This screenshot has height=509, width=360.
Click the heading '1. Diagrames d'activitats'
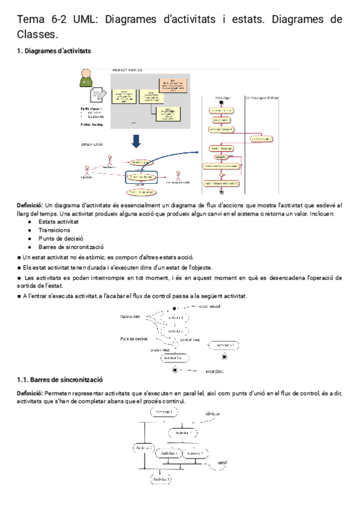point(54,51)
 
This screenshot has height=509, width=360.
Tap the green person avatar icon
point(88,78)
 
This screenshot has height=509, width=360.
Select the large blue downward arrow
point(136,140)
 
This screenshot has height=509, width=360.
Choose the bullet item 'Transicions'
point(54,230)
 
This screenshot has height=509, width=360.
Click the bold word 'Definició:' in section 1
point(30,205)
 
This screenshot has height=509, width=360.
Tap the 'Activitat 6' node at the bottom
point(160,479)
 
